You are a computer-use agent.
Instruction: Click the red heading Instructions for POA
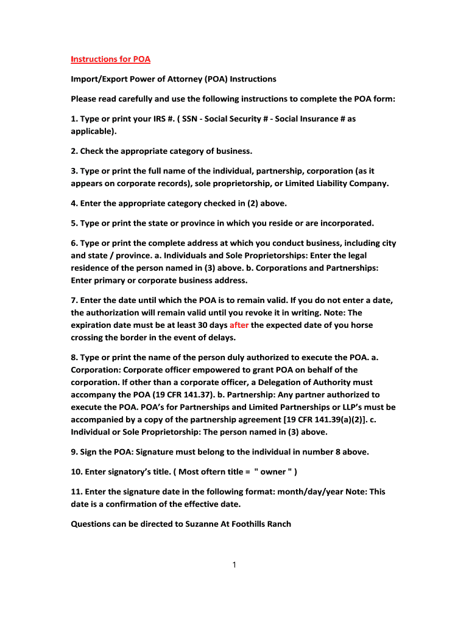(x=110, y=59)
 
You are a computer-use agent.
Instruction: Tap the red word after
(x=239, y=325)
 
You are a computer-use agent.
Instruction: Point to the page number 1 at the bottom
(x=234, y=565)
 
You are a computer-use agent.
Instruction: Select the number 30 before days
(x=194, y=325)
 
